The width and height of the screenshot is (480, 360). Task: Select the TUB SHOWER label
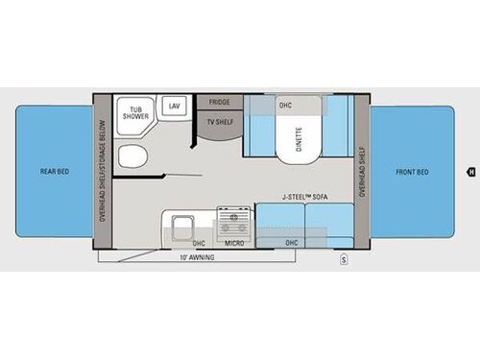click(x=130, y=114)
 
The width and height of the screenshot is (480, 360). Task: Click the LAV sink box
click(x=175, y=106)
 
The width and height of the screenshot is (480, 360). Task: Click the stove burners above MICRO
click(x=231, y=224)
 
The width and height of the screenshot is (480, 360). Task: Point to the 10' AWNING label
click(x=197, y=258)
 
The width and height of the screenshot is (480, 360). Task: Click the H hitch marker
click(x=471, y=173)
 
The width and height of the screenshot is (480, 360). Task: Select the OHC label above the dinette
click(x=285, y=105)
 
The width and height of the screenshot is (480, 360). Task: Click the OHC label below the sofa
click(x=291, y=243)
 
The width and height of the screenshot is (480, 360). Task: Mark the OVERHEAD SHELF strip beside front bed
click(x=361, y=173)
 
